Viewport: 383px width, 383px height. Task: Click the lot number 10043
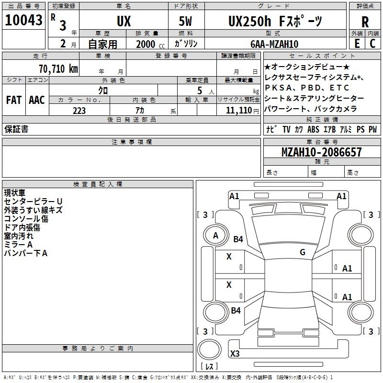pyautogui.click(x=23, y=20)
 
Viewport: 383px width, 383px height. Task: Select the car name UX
pyautogui.click(x=124, y=21)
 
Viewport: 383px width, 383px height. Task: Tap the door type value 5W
pyautogui.click(x=185, y=21)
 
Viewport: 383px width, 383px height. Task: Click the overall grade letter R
pyautogui.click(x=365, y=22)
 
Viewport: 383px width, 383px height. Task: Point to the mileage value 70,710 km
pyautogui.click(x=58, y=69)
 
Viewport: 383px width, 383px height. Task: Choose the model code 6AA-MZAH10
pyautogui.click(x=274, y=44)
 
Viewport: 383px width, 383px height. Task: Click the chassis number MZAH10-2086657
pyautogui.click(x=321, y=152)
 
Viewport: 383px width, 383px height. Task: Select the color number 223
pyautogui.click(x=79, y=111)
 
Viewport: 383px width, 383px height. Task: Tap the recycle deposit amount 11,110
pyautogui.click(x=239, y=111)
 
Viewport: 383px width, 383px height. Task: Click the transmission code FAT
pyautogui.click(x=14, y=100)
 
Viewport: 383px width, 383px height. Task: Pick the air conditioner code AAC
pyautogui.click(x=37, y=100)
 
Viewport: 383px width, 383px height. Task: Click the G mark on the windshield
pyautogui.click(x=303, y=252)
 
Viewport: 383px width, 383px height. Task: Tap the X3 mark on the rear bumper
pyautogui.click(x=235, y=353)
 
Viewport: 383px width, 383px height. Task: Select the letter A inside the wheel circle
pyautogui.click(x=215, y=236)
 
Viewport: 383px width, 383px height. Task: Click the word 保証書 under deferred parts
pyautogui.click(x=16, y=129)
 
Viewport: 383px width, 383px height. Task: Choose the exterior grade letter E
pyautogui.click(x=357, y=44)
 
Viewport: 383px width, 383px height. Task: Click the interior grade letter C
pyautogui.click(x=372, y=44)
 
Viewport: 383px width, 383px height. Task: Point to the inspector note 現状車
pyautogui.click(x=15, y=193)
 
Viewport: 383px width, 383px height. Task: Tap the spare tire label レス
pyautogui.click(x=209, y=366)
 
